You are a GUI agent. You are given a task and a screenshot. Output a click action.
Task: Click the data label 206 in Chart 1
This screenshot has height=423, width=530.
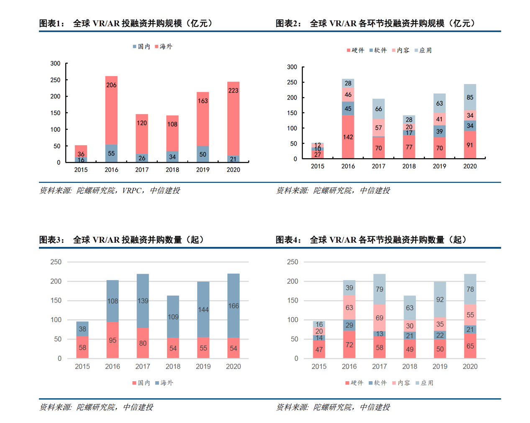coord(111,85)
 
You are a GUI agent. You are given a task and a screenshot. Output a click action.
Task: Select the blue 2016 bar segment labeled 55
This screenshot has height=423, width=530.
coord(111,153)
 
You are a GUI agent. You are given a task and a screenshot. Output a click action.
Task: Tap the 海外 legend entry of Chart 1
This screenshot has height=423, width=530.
coord(164,46)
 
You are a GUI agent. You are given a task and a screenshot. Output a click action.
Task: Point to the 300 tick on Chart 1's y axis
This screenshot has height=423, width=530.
coord(55,64)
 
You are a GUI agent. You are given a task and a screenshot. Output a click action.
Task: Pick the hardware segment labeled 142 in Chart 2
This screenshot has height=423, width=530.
coord(348,137)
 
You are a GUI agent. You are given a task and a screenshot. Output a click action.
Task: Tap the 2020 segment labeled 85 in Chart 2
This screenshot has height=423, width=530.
coord(470,97)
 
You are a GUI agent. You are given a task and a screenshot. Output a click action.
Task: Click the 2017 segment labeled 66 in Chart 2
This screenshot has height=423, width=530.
coord(379,109)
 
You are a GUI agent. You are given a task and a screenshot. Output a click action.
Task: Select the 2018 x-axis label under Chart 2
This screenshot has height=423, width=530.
coord(409,166)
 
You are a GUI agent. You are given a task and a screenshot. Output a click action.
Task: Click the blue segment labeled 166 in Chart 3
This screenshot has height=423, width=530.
coord(233,306)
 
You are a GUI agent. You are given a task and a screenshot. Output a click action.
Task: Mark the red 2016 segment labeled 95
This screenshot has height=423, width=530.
coord(113,340)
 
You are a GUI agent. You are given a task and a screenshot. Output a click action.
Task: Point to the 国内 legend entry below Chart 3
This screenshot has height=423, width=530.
coord(141,383)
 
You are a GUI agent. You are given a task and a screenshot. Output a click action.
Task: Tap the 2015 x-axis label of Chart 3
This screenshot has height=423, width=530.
coord(82,367)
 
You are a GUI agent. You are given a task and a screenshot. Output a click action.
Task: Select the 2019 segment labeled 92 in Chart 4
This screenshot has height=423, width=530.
coord(440,300)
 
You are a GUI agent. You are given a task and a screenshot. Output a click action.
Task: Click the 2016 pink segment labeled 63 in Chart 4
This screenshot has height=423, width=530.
coord(349,308)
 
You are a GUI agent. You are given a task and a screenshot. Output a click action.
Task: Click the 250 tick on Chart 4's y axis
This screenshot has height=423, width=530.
coord(292,262)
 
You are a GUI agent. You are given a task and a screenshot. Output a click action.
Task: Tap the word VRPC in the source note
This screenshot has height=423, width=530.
coord(132,190)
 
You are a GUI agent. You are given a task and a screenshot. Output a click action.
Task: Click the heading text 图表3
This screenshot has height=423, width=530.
coord(51,240)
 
